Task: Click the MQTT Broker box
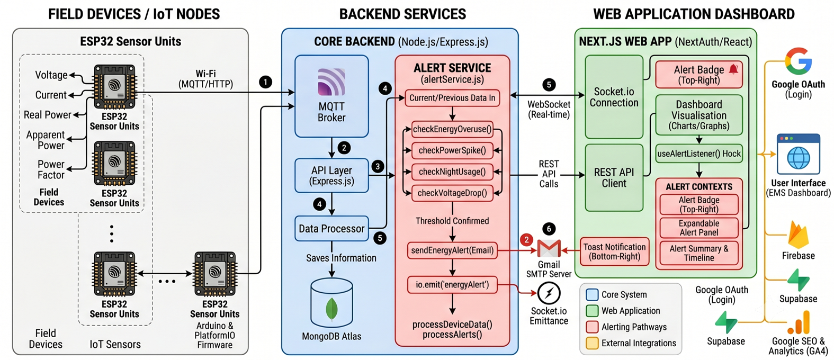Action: (331, 96)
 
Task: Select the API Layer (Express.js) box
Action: (331, 176)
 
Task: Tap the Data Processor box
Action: (331, 229)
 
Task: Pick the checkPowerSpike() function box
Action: (452, 150)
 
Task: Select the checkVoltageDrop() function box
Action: (452, 193)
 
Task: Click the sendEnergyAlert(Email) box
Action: (452, 250)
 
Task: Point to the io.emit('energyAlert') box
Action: (452, 285)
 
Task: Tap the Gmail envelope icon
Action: (549, 249)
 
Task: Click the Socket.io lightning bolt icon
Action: (549, 293)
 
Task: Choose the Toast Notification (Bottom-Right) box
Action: (614, 251)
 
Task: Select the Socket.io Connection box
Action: (614, 97)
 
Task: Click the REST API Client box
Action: (614, 177)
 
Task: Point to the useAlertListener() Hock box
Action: (699, 154)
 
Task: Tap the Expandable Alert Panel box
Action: (699, 228)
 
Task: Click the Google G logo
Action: (798, 61)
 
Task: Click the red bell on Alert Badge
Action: (733, 69)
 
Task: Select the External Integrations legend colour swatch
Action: (592, 343)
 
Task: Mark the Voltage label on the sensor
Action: (51, 75)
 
